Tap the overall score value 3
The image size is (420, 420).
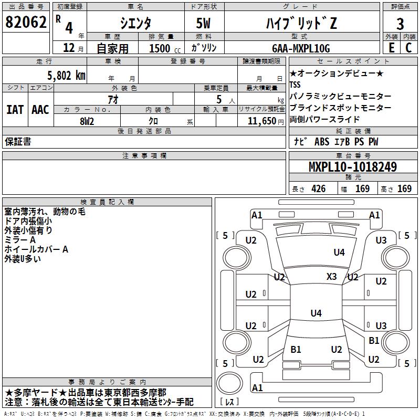(400, 23)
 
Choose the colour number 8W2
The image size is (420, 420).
(87, 120)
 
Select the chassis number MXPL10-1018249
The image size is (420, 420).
(353, 167)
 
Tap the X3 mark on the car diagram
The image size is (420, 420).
(332, 276)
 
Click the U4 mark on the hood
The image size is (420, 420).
(339, 253)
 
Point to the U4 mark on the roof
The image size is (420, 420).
(316, 313)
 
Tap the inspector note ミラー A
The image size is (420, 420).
(20, 240)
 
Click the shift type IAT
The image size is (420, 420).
(15, 110)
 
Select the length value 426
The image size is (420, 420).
(318, 189)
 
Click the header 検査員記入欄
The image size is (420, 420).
(107, 202)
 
